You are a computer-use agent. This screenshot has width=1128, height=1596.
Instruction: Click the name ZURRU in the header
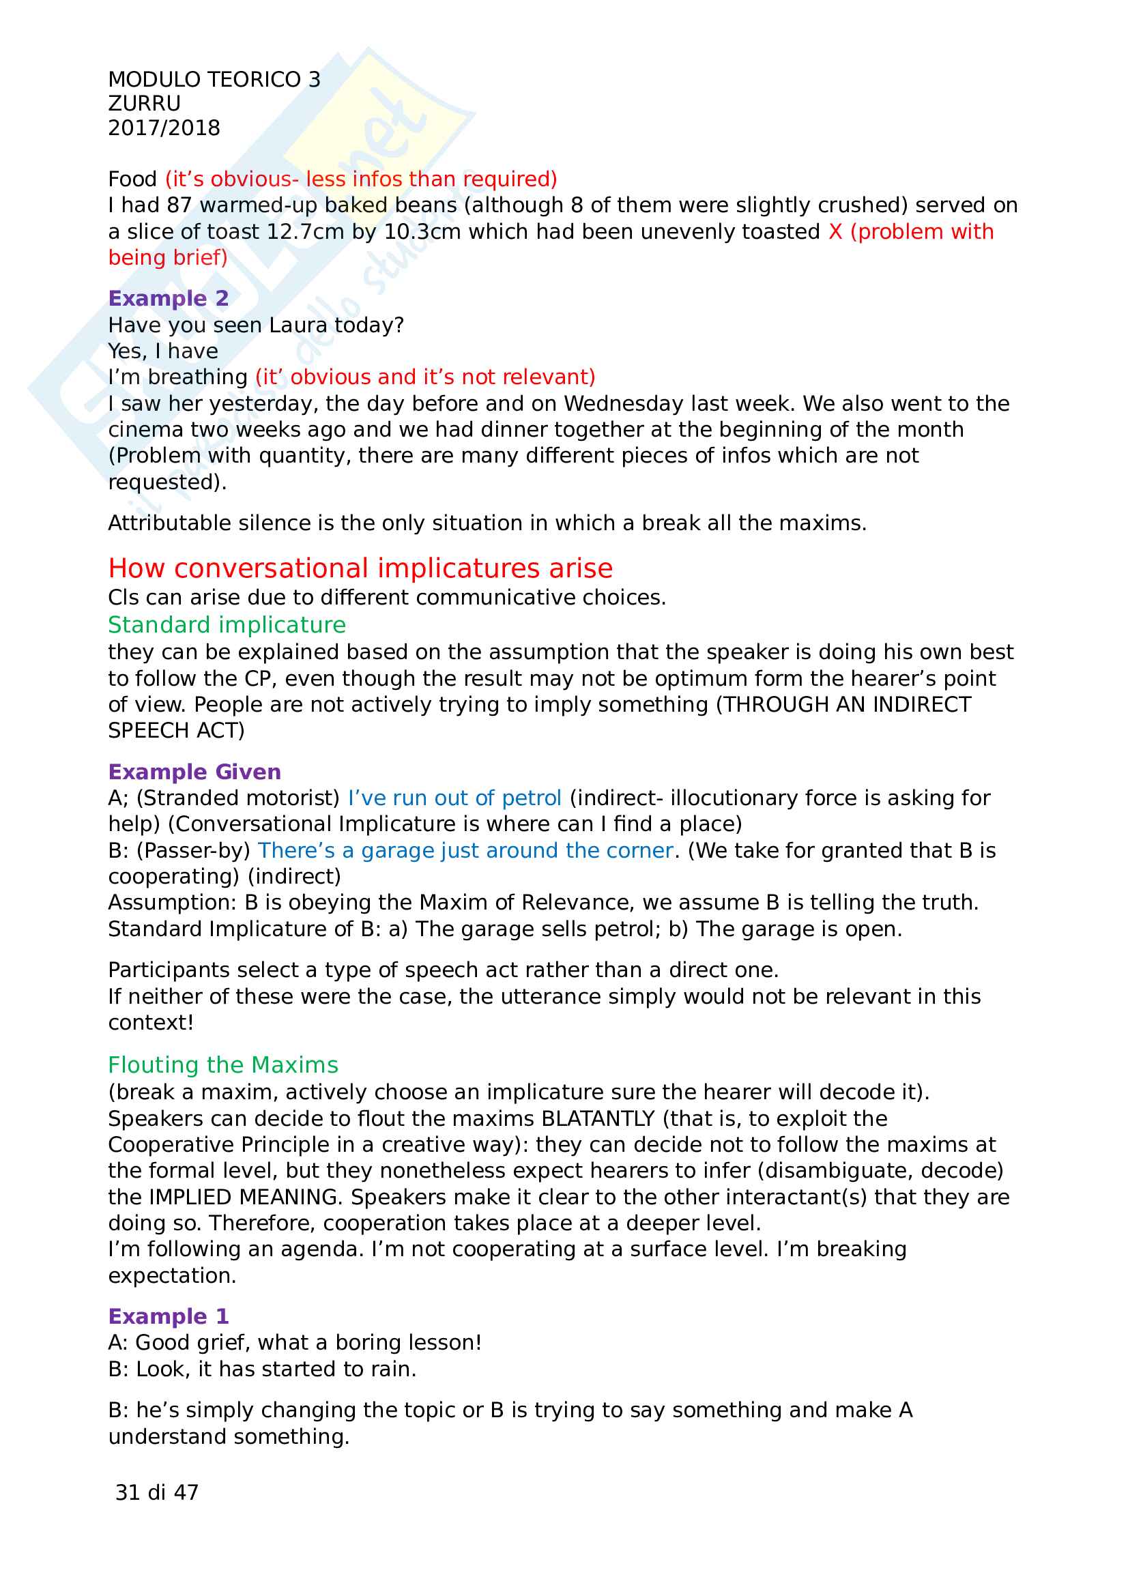pyautogui.click(x=145, y=104)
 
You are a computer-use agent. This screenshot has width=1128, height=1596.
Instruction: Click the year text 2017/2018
pyautogui.click(x=164, y=128)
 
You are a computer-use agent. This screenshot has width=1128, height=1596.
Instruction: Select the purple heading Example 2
pyautogui.click(x=168, y=298)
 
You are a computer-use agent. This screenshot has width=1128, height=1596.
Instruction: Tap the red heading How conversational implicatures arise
pyautogui.click(x=360, y=568)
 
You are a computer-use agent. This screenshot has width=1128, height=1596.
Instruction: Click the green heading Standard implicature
pyautogui.click(x=227, y=625)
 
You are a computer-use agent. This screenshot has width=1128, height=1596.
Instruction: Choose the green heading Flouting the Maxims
pyautogui.click(x=223, y=1065)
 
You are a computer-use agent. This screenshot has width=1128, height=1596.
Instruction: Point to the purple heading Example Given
pyautogui.click(x=194, y=772)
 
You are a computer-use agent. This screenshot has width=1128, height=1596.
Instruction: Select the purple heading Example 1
pyautogui.click(x=168, y=1316)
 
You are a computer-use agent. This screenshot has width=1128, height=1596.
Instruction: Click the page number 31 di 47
pyautogui.click(x=157, y=1492)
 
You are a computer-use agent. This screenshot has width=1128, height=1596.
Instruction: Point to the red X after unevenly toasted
pyautogui.click(x=835, y=232)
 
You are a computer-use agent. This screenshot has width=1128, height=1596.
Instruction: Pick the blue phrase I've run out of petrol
pyautogui.click(x=454, y=798)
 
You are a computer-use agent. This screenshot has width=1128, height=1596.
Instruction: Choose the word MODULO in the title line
pyautogui.click(x=145, y=80)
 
